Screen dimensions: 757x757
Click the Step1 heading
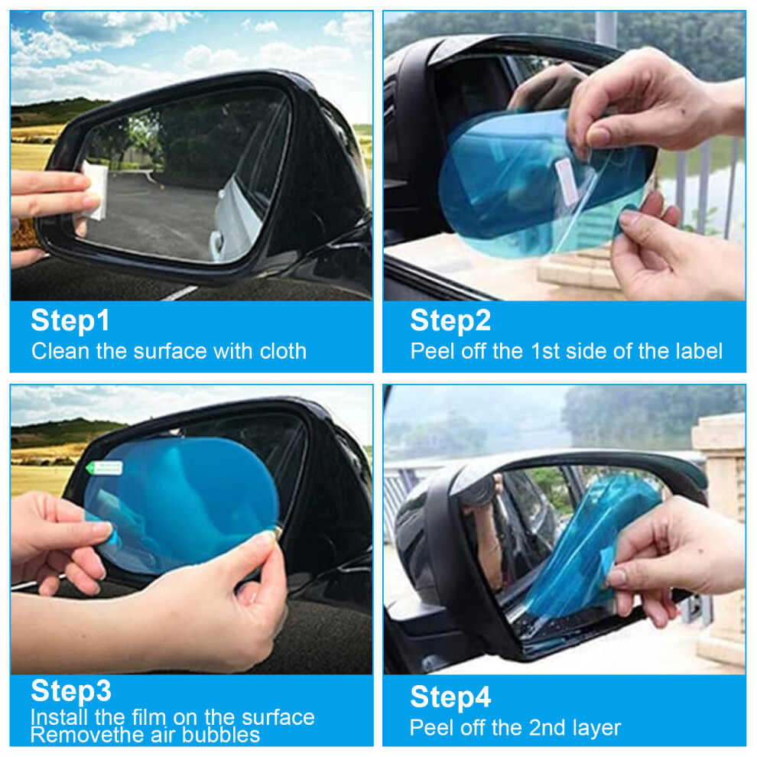pyautogui.click(x=70, y=320)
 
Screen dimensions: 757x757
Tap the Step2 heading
pyautogui.click(x=450, y=320)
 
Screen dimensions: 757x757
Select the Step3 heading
pyautogui.click(x=71, y=690)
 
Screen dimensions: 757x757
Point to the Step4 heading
pyautogui.click(x=450, y=697)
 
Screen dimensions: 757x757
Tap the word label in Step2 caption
pyautogui.click(x=699, y=351)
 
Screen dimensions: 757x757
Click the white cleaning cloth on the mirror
pyautogui.click(x=95, y=190)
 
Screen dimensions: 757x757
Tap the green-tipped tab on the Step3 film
pyautogui.click(x=103, y=467)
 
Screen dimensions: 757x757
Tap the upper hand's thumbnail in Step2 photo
pyautogui.click(x=599, y=137)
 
